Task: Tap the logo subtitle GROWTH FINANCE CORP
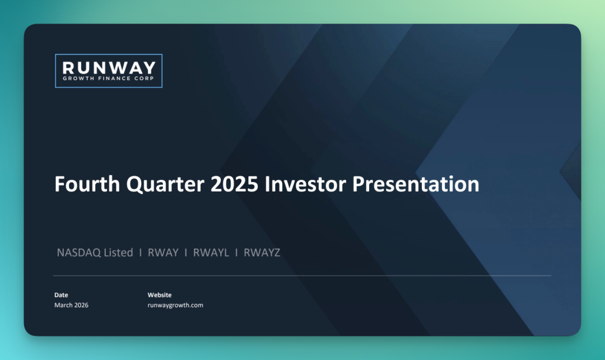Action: click(x=109, y=78)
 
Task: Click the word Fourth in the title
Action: click(x=87, y=184)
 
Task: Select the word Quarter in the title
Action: click(x=165, y=185)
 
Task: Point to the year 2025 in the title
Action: click(x=234, y=184)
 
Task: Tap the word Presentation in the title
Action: click(x=416, y=185)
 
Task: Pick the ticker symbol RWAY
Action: click(x=163, y=253)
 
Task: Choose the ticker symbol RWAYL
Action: click(x=211, y=253)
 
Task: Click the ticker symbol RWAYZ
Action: click(x=262, y=253)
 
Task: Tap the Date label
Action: click(x=61, y=295)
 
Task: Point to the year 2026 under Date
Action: click(x=81, y=305)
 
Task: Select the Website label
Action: click(x=159, y=295)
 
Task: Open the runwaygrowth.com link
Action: click(x=175, y=305)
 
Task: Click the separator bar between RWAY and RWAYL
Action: click(x=185, y=253)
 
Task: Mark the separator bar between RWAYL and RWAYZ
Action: click(x=236, y=253)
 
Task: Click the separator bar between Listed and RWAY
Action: click(x=141, y=253)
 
